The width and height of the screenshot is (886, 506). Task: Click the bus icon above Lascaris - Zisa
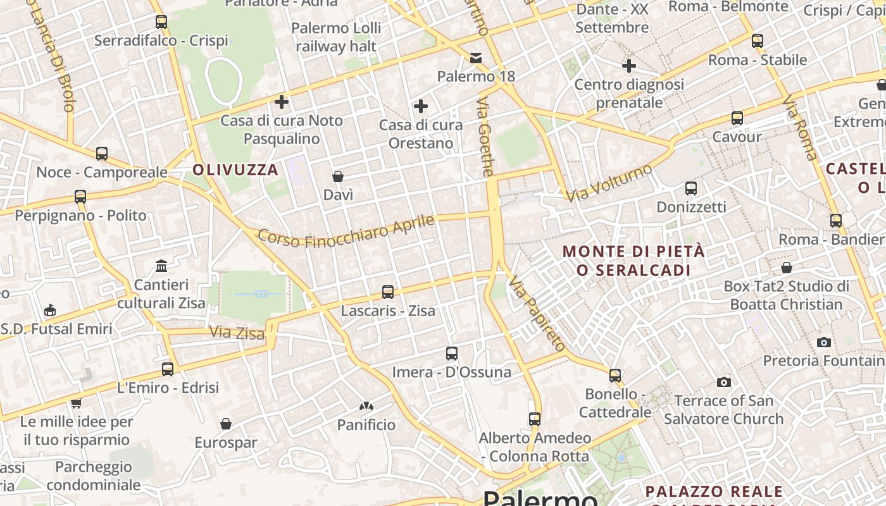pyautogui.click(x=388, y=292)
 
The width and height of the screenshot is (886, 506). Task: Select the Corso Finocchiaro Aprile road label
pyautogui.click(x=346, y=232)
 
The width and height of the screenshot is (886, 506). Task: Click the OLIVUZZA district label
pyautogui.click(x=235, y=170)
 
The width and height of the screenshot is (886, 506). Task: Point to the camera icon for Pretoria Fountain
pyautogui.click(x=823, y=342)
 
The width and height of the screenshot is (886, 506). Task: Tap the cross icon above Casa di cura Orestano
pyautogui.click(x=420, y=106)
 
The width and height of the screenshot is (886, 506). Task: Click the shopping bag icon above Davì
pyautogui.click(x=338, y=176)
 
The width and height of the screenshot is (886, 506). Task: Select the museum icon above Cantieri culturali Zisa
pyautogui.click(x=161, y=266)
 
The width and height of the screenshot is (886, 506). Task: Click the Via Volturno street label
pyautogui.click(x=609, y=183)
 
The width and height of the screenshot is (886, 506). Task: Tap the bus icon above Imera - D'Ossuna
pyautogui.click(x=451, y=354)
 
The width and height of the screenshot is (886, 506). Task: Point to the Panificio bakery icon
pyautogui.click(x=366, y=406)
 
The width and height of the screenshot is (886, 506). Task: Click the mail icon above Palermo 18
pyautogui.click(x=476, y=58)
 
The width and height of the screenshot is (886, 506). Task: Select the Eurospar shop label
pyautogui.click(x=226, y=443)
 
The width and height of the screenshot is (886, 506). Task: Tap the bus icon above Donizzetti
pyautogui.click(x=690, y=188)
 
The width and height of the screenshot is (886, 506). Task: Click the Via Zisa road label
pyautogui.click(x=237, y=333)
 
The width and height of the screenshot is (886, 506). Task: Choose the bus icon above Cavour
pyautogui.click(x=737, y=118)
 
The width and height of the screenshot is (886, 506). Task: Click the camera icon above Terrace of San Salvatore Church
pyautogui.click(x=724, y=382)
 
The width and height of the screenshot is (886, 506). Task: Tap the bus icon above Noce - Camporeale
pyautogui.click(x=102, y=154)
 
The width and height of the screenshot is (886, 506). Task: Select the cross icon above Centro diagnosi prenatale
pyautogui.click(x=629, y=65)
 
